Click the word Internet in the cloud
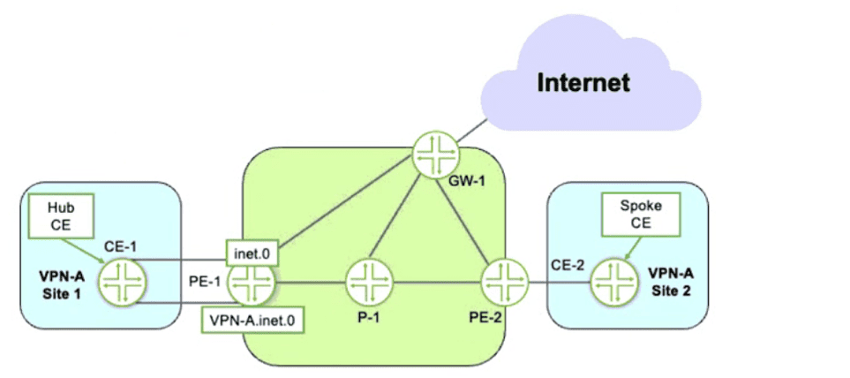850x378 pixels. tap(584, 84)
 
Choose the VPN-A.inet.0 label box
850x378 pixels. tap(253, 321)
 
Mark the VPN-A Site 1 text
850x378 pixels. tap(57, 282)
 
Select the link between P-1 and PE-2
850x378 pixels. tap(436, 283)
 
